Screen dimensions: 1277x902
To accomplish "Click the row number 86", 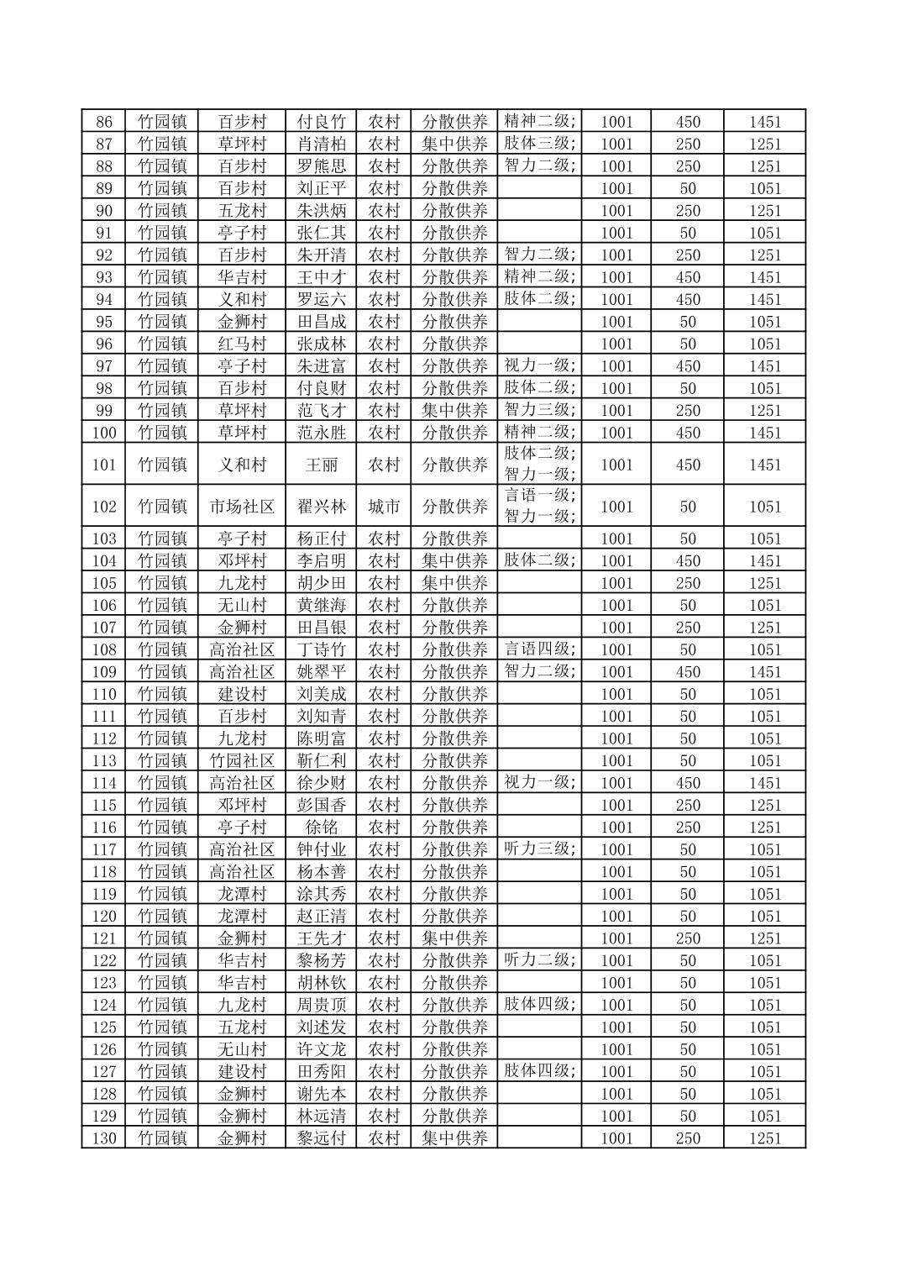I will coord(104,122).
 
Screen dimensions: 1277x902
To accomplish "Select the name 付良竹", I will coord(322,122).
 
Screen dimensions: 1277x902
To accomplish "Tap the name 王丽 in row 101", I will coord(322,465).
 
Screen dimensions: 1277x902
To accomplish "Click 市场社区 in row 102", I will coord(242,507).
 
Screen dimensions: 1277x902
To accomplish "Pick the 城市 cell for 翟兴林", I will coord(384,507).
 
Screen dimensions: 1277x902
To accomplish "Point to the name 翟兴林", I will coord(322,507).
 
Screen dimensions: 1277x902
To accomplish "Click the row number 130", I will coord(104,1138).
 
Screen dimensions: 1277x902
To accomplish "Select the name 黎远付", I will coord(322,1138).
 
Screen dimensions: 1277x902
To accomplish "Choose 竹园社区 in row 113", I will coord(242,761).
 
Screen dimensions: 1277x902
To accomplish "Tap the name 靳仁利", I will coord(322,761).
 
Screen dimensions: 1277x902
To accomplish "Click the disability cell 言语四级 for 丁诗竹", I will coord(539,649).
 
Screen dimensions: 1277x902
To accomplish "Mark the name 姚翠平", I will coord(322,672).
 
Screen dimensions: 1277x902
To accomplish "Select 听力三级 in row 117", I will coord(539,849).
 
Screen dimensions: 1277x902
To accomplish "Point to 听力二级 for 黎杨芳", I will coord(539,959).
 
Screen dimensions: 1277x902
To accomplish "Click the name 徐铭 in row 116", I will coord(322,828).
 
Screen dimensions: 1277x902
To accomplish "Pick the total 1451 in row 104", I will coord(765,561).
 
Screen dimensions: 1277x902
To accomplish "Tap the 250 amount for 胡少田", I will coord(688,583).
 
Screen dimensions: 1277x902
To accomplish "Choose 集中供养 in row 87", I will coord(454,144).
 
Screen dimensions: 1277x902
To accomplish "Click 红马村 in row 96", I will coord(242,344).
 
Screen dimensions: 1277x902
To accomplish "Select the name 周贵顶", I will coord(322,1005).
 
